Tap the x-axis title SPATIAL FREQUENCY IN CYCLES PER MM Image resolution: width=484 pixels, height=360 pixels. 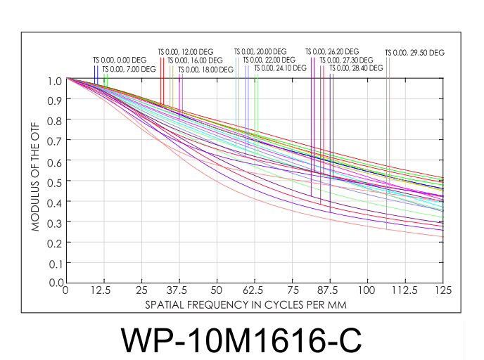pyautogui.click(x=246, y=306)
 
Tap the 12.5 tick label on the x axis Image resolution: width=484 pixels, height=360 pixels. pyautogui.click(x=103, y=291)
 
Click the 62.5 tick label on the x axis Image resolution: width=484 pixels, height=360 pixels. pyautogui.click(x=254, y=291)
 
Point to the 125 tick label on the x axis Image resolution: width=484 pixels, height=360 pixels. pyautogui.click(x=442, y=291)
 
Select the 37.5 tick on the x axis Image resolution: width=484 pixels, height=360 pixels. pyautogui.click(x=179, y=291)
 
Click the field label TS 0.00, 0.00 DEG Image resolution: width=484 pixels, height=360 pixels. pyautogui.click(x=120, y=60)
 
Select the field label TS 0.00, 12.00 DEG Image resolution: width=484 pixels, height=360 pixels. pyautogui.click(x=186, y=52)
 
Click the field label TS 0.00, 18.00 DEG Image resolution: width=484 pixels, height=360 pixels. pyautogui.click(x=205, y=69)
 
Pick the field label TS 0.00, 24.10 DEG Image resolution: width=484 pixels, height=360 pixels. pyautogui.click(x=280, y=68)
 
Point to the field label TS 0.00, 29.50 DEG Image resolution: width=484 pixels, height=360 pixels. pyautogui.click(x=415, y=52)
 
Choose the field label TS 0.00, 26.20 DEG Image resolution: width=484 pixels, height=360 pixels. pyautogui.click(x=332, y=51)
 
